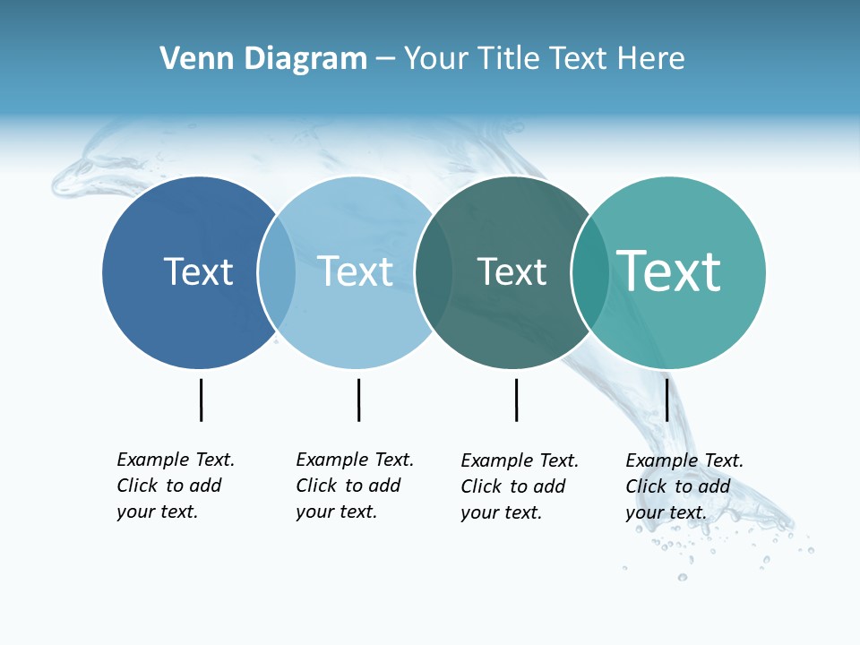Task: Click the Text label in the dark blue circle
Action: [198, 271]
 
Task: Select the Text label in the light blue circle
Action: [356, 271]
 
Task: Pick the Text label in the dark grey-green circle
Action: [512, 271]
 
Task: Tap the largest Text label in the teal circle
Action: [669, 271]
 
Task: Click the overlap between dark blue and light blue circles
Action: [277, 272]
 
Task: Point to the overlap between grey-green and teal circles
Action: [589, 272]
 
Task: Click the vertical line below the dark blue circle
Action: [201, 400]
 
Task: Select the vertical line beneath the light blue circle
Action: [358, 400]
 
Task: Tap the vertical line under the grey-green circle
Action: [516, 400]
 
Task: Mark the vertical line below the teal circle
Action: [666, 400]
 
